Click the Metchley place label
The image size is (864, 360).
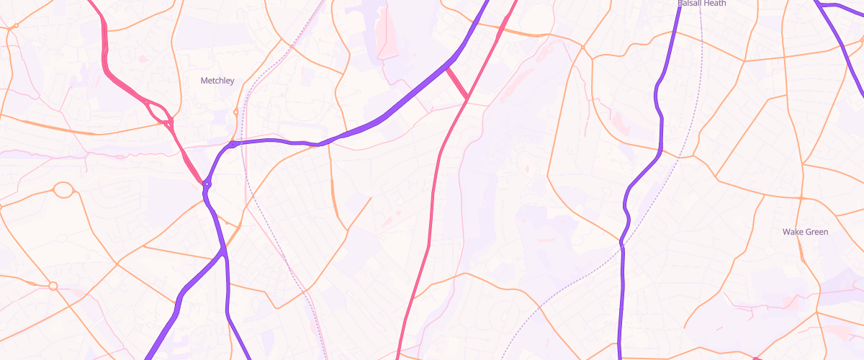(217, 81)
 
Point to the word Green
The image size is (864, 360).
(816, 232)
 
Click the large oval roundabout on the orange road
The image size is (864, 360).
(63, 190)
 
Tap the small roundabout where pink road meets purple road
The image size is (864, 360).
(207, 184)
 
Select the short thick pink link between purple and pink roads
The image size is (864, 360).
(457, 83)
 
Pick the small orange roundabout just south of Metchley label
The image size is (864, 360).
(235, 112)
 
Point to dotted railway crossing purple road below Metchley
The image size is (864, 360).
(243, 142)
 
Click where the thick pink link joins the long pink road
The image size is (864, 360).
(467, 97)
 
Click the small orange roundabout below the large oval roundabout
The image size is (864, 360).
(53, 286)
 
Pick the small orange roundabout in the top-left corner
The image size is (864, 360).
(15, 26)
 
